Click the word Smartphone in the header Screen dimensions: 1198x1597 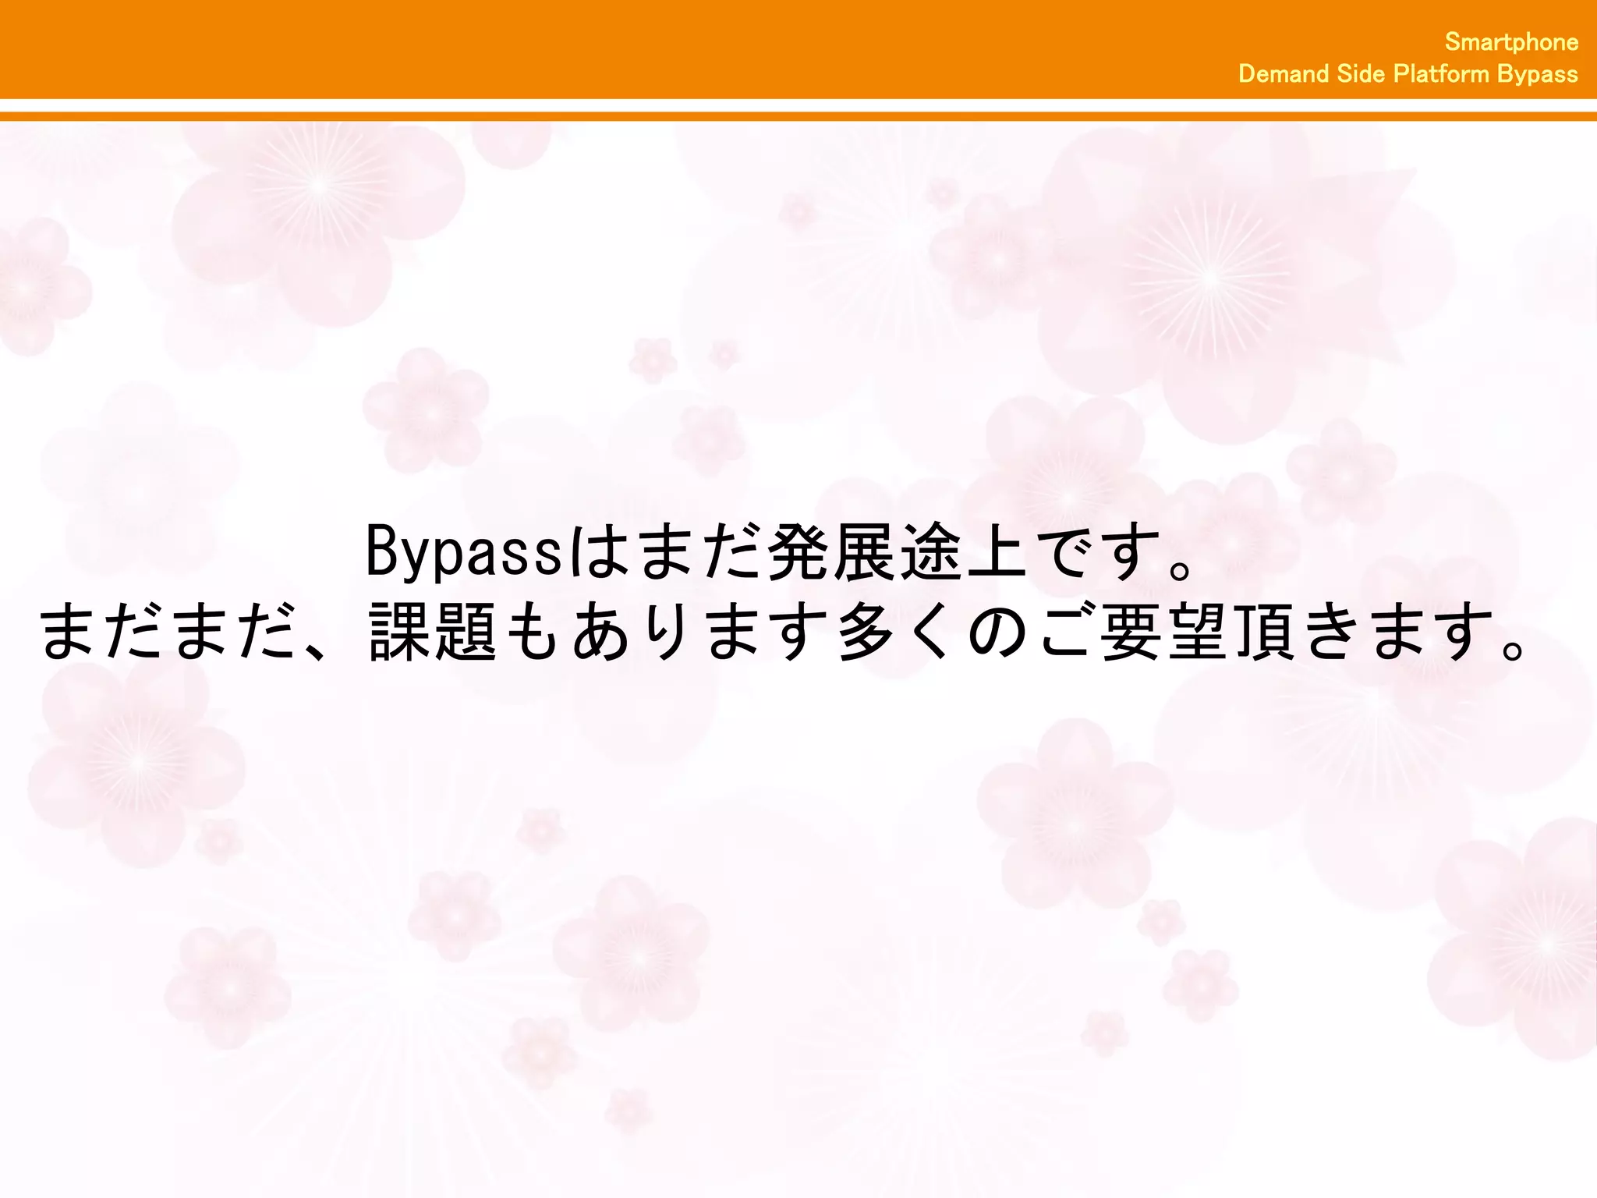pos(1510,41)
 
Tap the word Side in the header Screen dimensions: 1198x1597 pos(1361,74)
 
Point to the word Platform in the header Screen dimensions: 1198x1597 pos(1441,74)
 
